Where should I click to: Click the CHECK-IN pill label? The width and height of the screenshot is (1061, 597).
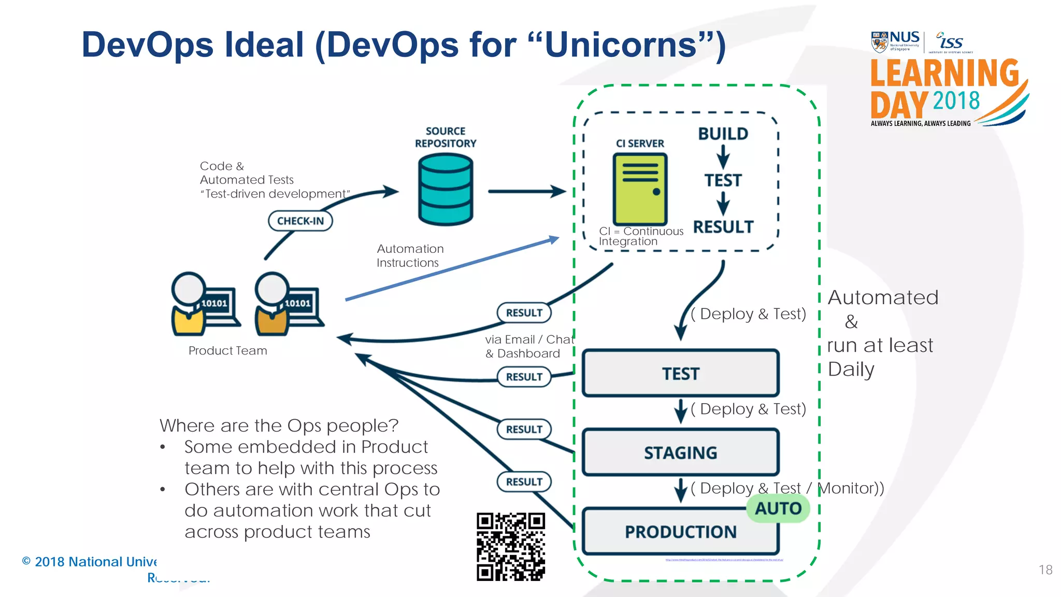(x=300, y=221)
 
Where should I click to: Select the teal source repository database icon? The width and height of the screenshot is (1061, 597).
(x=445, y=190)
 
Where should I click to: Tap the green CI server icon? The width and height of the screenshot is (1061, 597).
(x=640, y=189)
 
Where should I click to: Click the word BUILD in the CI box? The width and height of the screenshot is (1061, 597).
(x=723, y=134)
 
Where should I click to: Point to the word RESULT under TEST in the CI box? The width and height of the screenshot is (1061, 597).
(x=723, y=227)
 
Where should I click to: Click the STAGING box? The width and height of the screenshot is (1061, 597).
(x=680, y=452)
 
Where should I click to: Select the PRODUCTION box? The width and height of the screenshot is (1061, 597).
(x=680, y=532)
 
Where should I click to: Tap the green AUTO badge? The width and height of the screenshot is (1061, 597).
(x=778, y=508)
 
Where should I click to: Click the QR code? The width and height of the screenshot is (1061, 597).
(x=511, y=546)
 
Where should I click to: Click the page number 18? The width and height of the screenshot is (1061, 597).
(x=1045, y=570)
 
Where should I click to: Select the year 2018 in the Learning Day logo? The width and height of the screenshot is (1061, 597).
(x=956, y=101)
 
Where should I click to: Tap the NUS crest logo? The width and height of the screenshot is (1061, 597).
(x=879, y=42)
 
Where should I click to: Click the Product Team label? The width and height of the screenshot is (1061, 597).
(x=227, y=351)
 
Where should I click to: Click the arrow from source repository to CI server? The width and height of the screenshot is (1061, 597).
(x=526, y=191)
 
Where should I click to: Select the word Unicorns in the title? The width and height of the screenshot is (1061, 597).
(x=620, y=45)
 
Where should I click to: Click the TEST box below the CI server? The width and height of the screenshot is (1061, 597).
(x=680, y=373)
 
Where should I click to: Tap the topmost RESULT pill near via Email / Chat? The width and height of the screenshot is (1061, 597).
(x=524, y=312)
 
